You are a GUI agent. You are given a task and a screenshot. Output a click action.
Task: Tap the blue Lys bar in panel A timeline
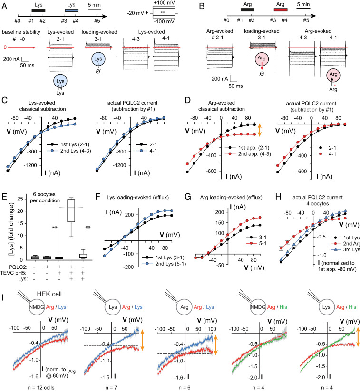[x=73, y=10]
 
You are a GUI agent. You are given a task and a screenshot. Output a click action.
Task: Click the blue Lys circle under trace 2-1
[x=62, y=81]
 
